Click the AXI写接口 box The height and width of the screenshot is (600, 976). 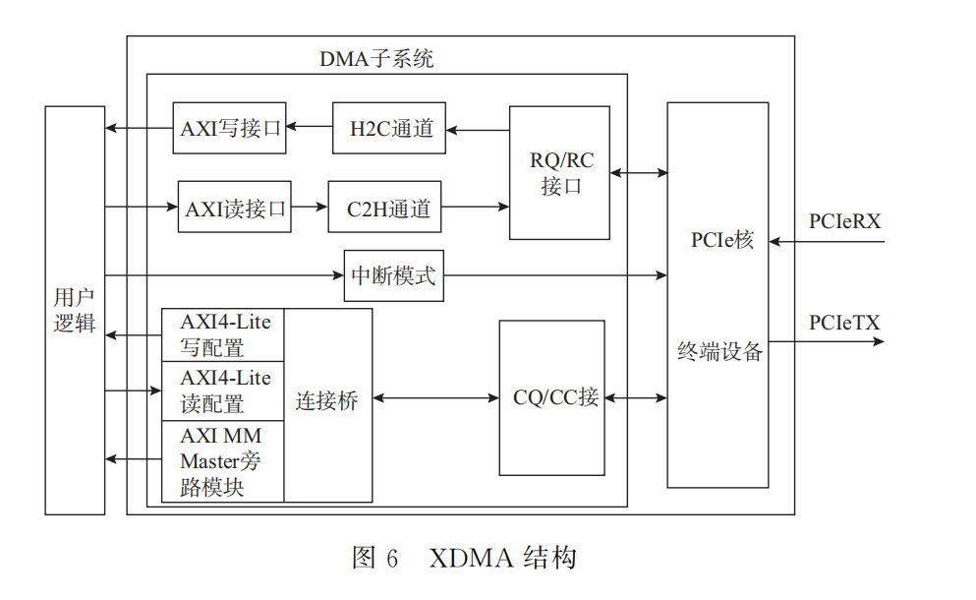229,128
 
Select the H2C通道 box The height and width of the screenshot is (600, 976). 388,128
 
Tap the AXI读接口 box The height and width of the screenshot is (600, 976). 234,208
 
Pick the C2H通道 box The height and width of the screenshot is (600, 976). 384,208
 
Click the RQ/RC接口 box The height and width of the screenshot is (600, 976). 559,173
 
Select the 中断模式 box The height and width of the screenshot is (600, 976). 393,275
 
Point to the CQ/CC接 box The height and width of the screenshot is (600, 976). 550,397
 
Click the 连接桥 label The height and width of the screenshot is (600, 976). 327,401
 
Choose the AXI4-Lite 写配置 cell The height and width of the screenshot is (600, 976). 224,334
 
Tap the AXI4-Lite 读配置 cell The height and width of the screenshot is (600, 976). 224,390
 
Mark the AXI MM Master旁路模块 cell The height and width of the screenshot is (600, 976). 222,460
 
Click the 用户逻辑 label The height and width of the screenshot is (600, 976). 75,310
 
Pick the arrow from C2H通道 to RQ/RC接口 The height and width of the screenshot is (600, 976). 475,207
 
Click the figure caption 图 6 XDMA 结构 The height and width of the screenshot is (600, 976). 463,559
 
